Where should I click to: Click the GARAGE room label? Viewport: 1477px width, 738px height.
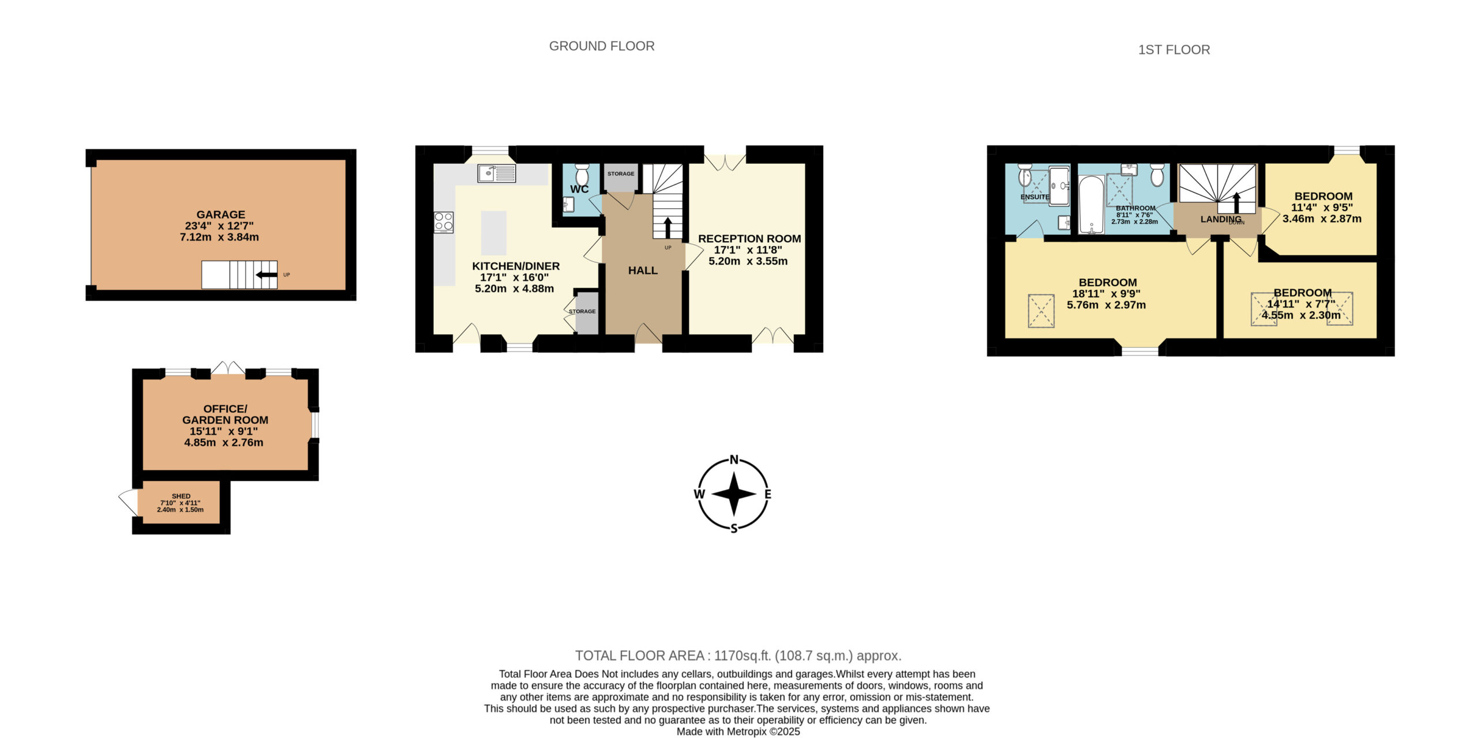[220, 214]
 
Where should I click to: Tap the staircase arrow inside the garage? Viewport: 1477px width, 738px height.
[267, 275]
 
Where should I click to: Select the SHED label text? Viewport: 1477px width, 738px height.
[181, 496]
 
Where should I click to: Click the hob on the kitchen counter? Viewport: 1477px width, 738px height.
[444, 222]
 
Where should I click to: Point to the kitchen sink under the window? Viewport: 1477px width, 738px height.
[497, 173]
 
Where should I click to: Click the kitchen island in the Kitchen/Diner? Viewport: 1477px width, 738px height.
[494, 233]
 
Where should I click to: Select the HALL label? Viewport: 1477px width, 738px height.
[643, 270]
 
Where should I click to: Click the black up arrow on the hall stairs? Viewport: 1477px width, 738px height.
[668, 228]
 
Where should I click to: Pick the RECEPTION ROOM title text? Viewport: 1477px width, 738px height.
[749, 239]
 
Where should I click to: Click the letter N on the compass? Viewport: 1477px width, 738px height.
[734, 460]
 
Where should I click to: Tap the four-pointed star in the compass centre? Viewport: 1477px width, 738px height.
[734, 494]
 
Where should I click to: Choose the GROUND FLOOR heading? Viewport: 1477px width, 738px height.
[602, 46]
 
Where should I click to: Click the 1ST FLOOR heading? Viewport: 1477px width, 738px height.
[1174, 50]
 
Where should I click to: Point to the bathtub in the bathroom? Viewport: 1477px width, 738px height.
[1091, 205]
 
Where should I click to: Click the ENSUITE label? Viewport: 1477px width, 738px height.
[1035, 197]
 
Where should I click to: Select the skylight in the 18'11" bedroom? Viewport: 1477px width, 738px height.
[1041, 311]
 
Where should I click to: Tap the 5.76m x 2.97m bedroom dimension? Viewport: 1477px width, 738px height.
[1107, 305]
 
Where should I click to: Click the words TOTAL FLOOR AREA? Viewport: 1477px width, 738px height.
[640, 656]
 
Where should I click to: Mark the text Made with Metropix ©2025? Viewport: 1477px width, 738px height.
[738, 732]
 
